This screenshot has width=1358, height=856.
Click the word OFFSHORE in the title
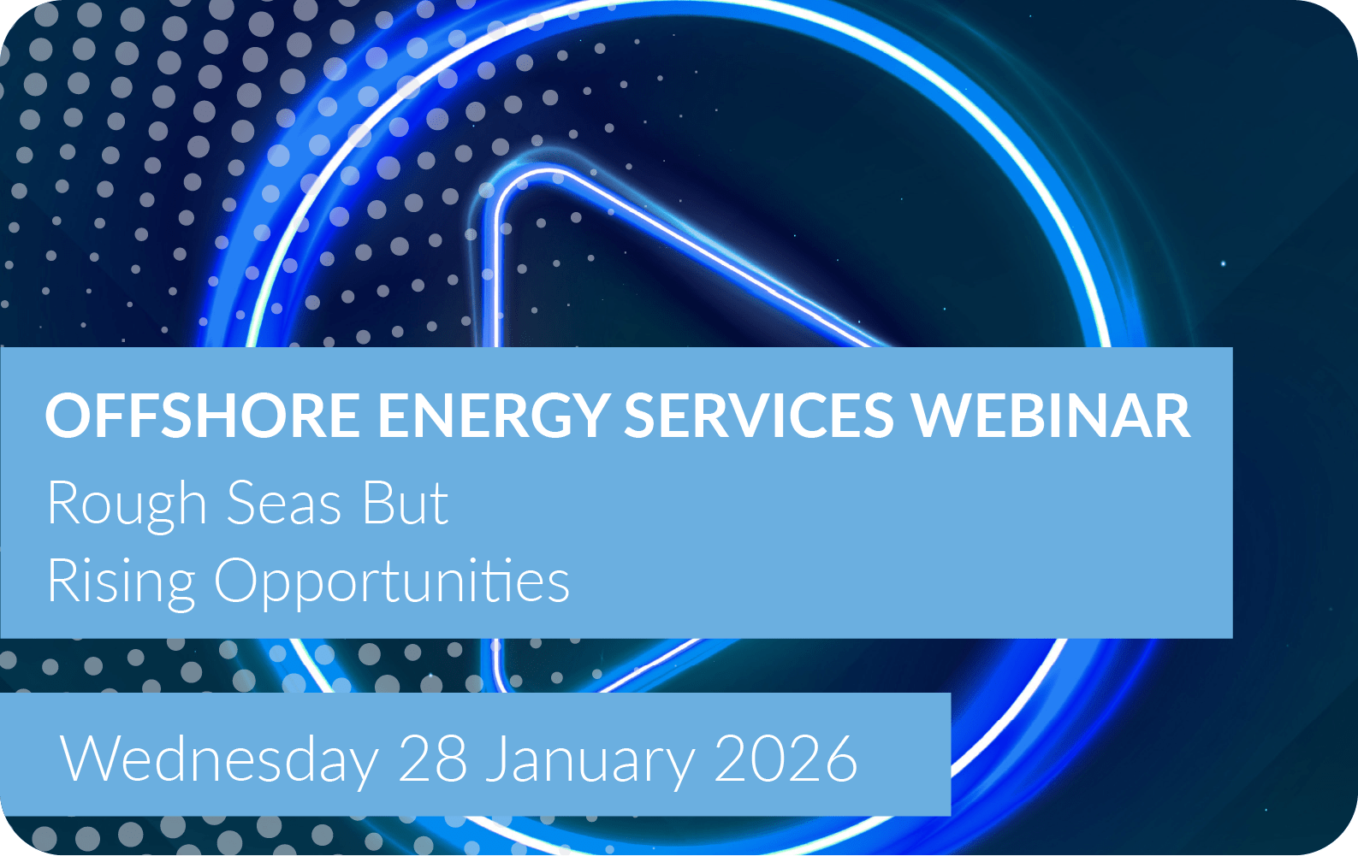pyautogui.click(x=203, y=416)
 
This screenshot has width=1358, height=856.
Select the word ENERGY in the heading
pyautogui.click(x=494, y=416)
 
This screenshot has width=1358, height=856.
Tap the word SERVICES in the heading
pyautogui.click(x=759, y=416)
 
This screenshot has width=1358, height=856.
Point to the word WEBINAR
pyautogui.click(x=1052, y=416)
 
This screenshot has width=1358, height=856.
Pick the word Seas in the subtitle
pyautogui.click(x=284, y=504)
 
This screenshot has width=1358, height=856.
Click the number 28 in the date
pyautogui.click(x=432, y=759)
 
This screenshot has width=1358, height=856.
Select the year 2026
pyautogui.click(x=786, y=759)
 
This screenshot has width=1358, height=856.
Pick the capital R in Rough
pyautogui.click(x=63, y=503)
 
